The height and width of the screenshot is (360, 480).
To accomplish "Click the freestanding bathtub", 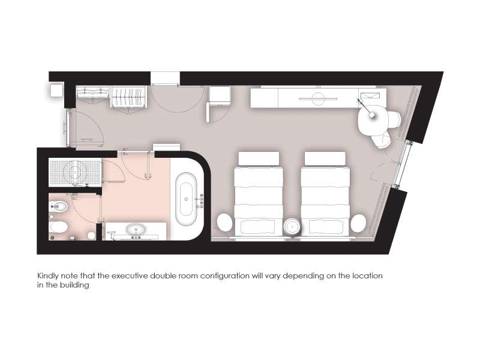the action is [x=186, y=199].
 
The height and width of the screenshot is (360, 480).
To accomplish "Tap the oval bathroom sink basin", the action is [x=136, y=230].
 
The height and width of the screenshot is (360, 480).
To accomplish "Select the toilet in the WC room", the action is [x=58, y=227].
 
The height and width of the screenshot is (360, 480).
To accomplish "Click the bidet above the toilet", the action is [x=58, y=207].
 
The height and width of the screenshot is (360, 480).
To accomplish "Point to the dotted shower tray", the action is [x=76, y=172].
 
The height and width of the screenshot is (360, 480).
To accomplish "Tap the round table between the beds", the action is [x=292, y=227].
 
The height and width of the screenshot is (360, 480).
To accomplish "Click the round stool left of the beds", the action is [x=226, y=223].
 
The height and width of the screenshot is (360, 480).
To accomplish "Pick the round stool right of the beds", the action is [x=358, y=223].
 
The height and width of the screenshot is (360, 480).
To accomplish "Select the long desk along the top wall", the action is [x=319, y=98].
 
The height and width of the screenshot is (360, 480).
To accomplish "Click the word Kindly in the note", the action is [x=48, y=276].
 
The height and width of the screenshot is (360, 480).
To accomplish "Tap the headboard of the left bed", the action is [x=259, y=158].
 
